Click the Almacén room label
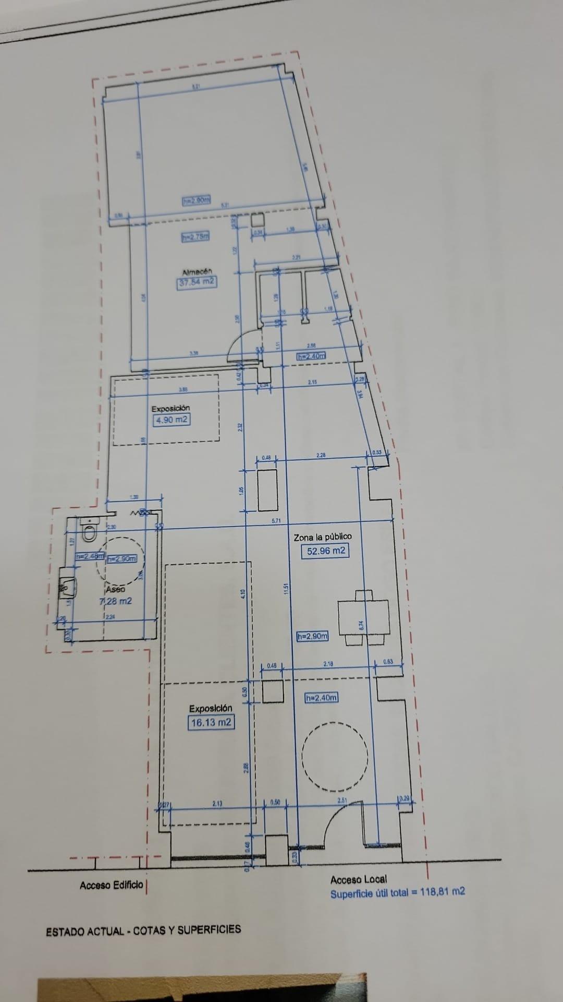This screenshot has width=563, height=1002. (x=197, y=272)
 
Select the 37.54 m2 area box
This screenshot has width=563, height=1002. (x=197, y=282)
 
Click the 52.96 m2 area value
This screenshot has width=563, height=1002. (x=326, y=550)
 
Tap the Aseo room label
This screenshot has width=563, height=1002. (x=115, y=589)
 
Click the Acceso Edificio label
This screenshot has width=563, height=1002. (x=111, y=886)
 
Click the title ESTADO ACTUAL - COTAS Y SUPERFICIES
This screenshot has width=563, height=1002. (x=143, y=929)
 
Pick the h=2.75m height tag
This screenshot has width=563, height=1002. (x=195, y=236)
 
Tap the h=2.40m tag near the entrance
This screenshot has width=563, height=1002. (x=321, y=698)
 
